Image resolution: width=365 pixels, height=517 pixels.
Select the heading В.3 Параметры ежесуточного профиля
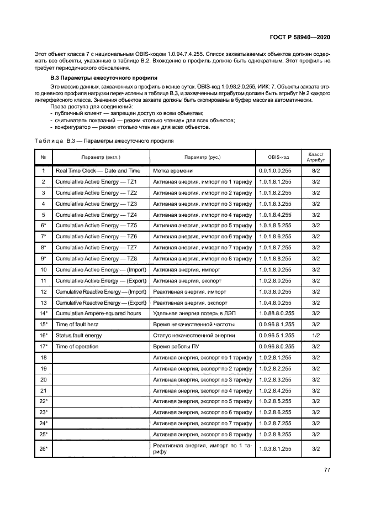(x=99, y=78)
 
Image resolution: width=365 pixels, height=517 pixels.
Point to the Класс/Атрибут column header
(x=316, y=157)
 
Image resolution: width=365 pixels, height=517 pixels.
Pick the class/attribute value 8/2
(x=316, y=171)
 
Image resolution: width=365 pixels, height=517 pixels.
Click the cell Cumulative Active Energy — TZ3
(x=96, y=203)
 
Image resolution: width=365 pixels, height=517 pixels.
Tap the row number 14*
(x=43, y=314)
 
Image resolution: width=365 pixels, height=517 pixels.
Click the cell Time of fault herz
(x=77, y=325)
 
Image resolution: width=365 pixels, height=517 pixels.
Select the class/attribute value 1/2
(x=316, y=336)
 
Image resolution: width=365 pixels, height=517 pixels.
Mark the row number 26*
(x=43, y=448)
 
